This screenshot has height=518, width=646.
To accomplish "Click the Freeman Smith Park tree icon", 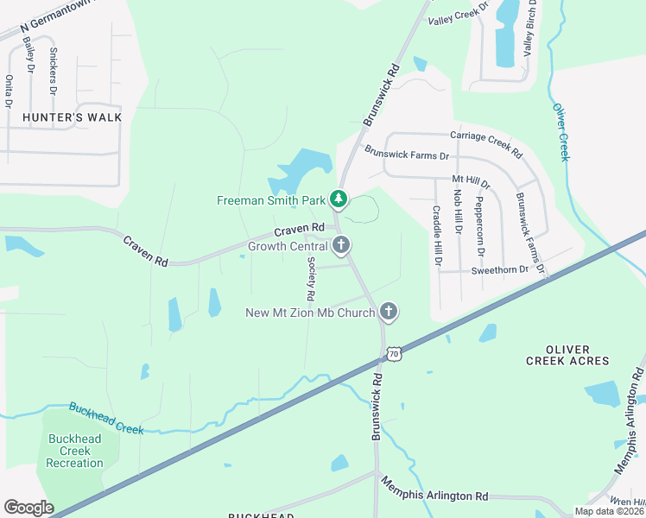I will (x=339, y=200).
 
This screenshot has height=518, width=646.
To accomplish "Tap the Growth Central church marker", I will (x=341, y=246).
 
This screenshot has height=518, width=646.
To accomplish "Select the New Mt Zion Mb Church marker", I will (x=389, y=312).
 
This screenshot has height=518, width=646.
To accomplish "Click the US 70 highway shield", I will (x=394, y=354).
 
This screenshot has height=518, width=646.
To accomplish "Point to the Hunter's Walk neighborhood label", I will (x=72, y=117).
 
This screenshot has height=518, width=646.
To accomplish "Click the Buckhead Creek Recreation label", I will (x=75, y=451).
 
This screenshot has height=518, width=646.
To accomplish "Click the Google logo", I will (x=28, y=507).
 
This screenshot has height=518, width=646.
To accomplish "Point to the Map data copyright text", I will (x=608, y=511).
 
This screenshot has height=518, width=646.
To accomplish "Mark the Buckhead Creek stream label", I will (x=105, y=418).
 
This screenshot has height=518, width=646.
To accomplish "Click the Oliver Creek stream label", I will (x=560, y=132).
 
